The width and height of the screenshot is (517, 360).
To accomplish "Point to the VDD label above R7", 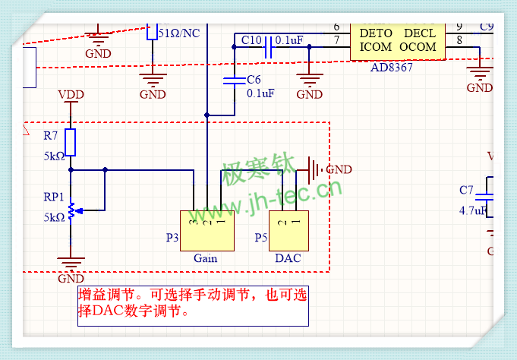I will pos(71,96).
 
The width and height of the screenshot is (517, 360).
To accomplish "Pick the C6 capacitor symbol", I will pos(232,81).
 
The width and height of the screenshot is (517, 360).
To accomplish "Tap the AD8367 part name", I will pos(392,68).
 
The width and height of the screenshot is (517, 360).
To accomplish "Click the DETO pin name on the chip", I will pos(376,34).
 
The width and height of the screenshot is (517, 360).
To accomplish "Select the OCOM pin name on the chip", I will pos(418,47).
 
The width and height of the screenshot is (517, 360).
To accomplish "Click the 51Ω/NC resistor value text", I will pos(180,33).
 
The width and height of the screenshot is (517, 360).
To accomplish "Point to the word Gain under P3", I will pos(205,258).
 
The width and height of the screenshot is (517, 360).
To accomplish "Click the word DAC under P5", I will pos(288,258).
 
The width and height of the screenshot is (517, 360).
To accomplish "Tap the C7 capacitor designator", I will pos(466,190).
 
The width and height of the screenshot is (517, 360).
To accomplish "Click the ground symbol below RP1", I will pos(71,265).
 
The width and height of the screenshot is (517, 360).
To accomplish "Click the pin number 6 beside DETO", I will pos(336,27).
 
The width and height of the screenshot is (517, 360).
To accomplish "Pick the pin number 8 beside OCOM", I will pos(460,40).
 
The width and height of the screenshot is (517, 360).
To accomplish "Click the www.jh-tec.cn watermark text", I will pos(277,199).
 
